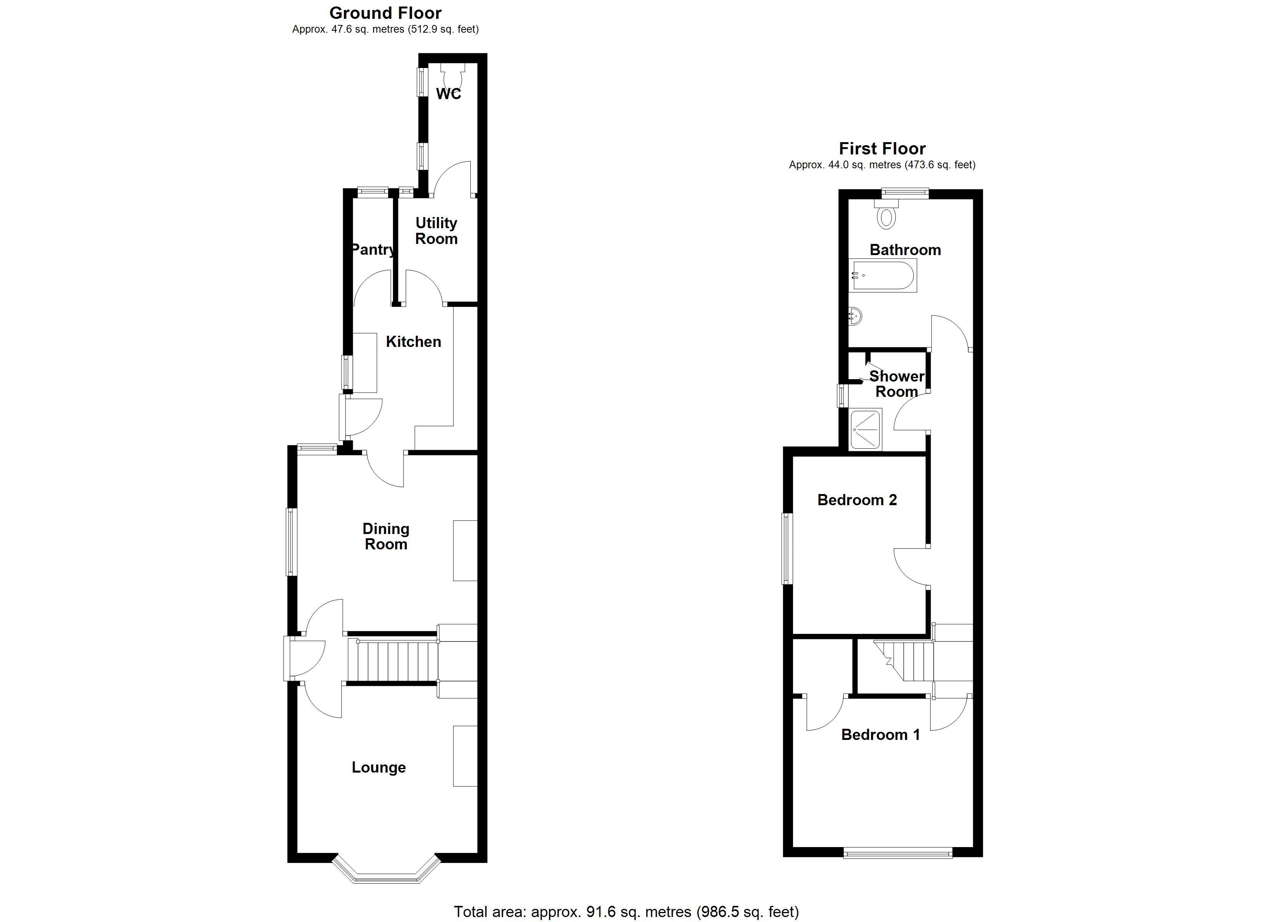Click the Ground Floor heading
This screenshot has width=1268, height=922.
click(385, 13)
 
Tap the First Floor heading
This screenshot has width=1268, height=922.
click(882, 149)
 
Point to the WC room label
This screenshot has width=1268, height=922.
click(448, 94)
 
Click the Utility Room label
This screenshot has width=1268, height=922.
click(436, 231)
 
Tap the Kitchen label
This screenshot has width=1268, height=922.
click(413, 342)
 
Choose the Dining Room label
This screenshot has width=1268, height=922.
click(386, 537)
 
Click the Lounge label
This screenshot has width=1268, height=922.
click(378, 768)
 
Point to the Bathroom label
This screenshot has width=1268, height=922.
click(905, 250)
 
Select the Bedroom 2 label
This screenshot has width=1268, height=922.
click(857, 500)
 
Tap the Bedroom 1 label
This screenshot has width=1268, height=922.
click(881, 735)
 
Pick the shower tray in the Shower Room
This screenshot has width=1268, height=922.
click(865, 429)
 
